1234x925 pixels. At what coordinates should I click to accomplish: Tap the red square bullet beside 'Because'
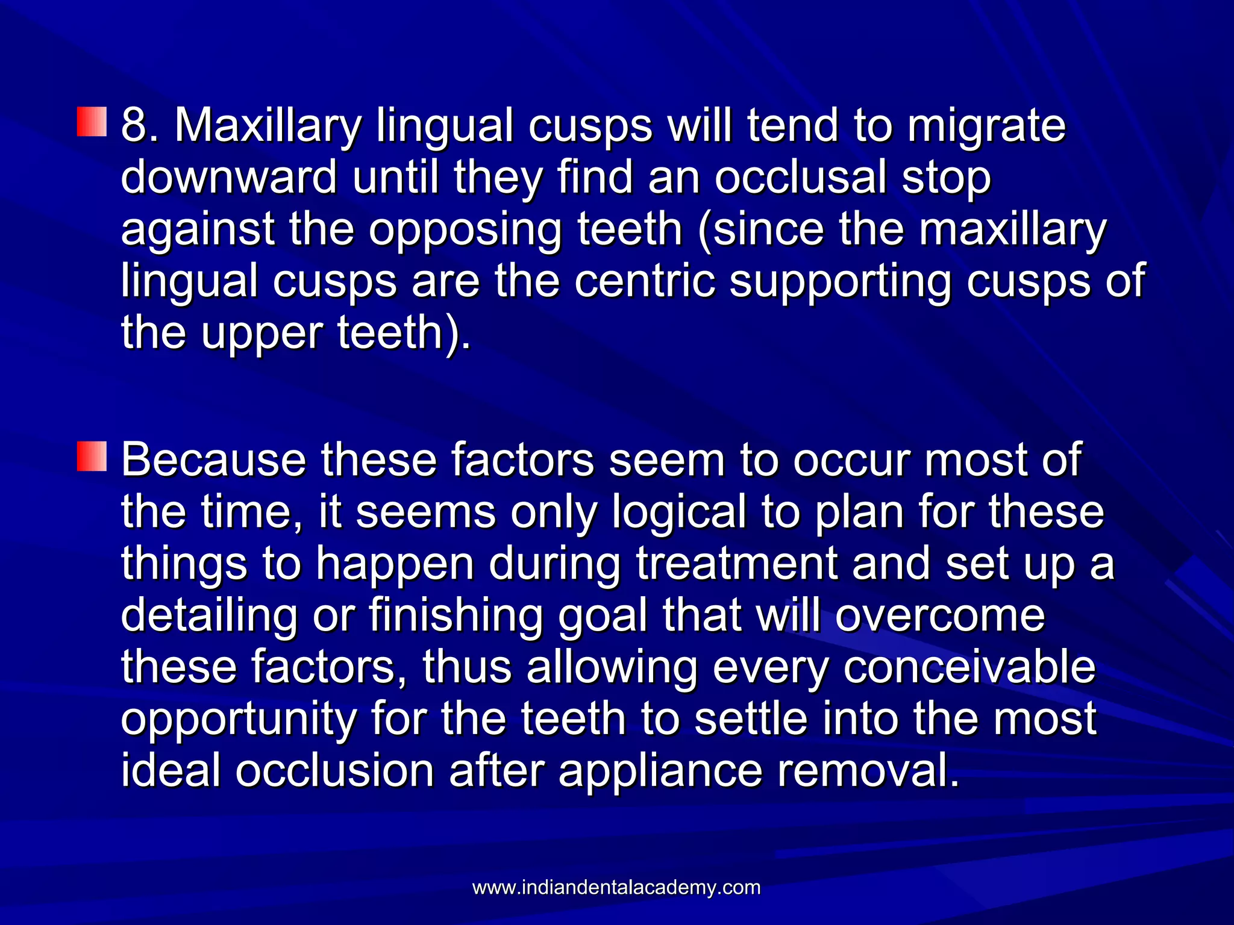(x=92, y=456)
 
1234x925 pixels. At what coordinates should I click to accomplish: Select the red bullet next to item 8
(x=92, y=122)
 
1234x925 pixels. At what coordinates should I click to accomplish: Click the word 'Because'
(x=213, y=460)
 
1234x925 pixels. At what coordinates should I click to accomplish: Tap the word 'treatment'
(x=737, y=564)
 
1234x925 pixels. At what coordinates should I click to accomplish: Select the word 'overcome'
(x=941, y=615)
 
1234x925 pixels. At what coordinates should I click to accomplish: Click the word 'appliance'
(x=660, y=772)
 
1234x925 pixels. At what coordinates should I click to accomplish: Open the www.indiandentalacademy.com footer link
(x=616, y=887)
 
